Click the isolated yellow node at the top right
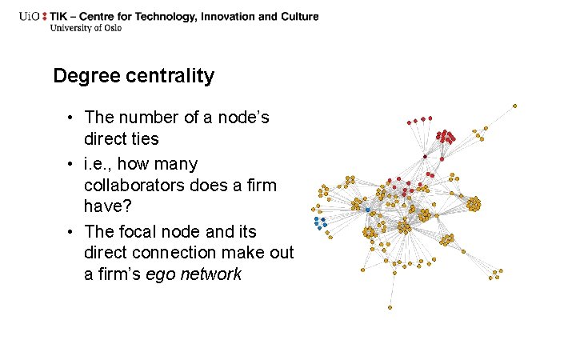[x=514, y=106]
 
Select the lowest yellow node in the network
[x=390, y=307]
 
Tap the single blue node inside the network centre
[x=368, y=210]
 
